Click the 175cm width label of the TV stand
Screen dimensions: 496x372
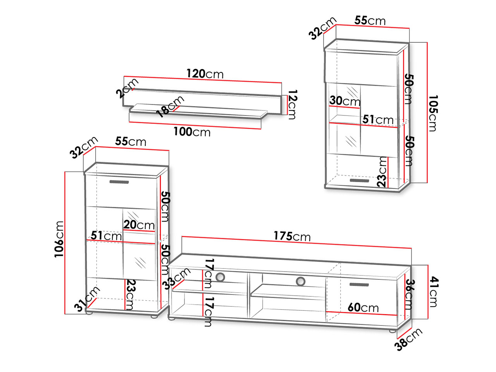pyautogui.click(x=292, y=236)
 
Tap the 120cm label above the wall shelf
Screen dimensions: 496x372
pyautogui.click(x=205, y=74)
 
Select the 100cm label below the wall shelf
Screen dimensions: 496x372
pyautogui.click(x=192, y=132)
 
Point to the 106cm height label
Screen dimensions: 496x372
pyautogui.click(x=59, y=239)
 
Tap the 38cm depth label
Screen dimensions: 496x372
pyautogui.click(x=408, y=339)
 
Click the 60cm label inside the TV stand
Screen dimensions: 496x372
pyautogui.click(x=363, y=307)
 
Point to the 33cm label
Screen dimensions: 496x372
pyautogui.click(x=177, y=278)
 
